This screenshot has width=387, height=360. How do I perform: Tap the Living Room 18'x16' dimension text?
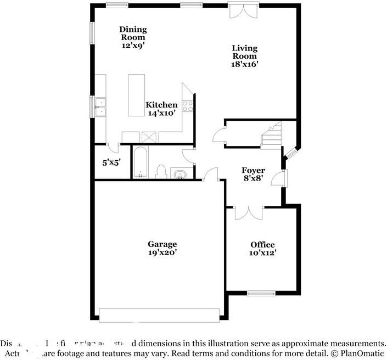[x=245, y=64]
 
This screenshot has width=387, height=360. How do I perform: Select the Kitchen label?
[x=161, y=105]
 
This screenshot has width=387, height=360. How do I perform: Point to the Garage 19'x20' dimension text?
[x=162, y=253]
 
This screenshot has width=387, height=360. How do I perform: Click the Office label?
[x=262, y=244]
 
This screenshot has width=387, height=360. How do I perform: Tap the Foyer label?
[x=253, y=171]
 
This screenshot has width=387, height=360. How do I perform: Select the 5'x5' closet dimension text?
[x=111, y=162]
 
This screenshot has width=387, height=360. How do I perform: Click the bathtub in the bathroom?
[x=140, y=162]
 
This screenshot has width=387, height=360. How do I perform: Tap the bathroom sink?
[x=180, y=174]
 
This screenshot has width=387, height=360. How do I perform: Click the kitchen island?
[x=136, y=95]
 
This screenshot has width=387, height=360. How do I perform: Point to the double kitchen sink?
[x=100, y=107]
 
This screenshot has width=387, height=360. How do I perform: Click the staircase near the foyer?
[x=271, y=135]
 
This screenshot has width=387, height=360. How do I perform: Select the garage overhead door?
[x=159, y=314]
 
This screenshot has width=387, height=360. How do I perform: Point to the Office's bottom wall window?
[x=261, y=292]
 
